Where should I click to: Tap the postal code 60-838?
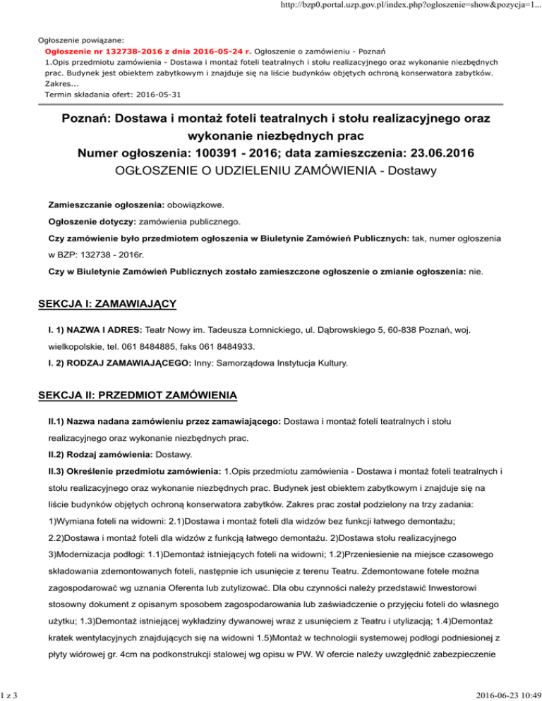(416, 330)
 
